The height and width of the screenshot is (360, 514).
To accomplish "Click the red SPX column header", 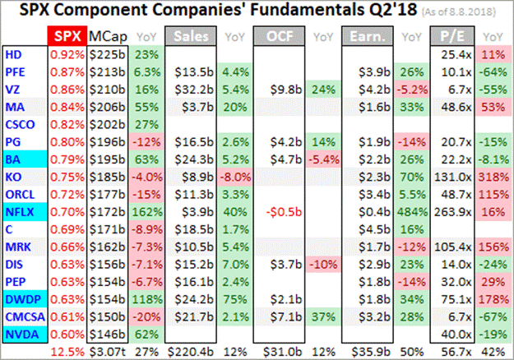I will pyautogui.click(x=66, y=37).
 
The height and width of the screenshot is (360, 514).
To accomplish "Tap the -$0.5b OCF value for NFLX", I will pyautogui.click(x=286, y=210).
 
